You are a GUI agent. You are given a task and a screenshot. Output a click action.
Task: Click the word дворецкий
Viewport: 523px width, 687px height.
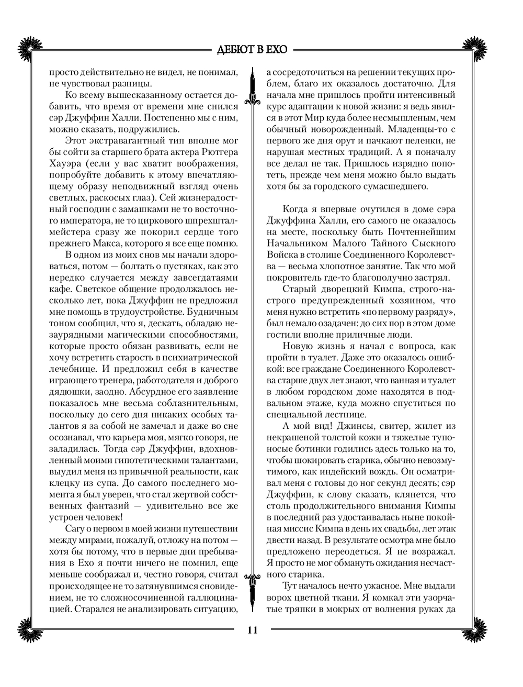340,290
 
